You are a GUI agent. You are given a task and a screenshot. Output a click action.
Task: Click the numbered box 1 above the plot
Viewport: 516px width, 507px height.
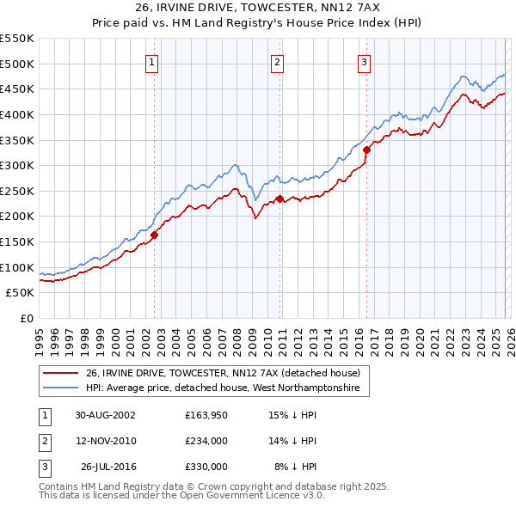(x=151, y=61)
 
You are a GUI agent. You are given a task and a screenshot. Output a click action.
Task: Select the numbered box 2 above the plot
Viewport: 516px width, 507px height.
(x=278, y=61)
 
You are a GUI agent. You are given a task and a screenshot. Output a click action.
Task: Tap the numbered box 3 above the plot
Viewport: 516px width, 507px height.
(x=364, y=61)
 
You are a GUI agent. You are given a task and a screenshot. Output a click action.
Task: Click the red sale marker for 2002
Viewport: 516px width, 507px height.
(x=155, y=234)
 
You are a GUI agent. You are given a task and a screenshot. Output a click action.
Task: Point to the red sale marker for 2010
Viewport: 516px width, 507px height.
(x=279, y=199)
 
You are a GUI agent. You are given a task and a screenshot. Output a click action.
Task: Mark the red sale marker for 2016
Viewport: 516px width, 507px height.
(x=366, y=150)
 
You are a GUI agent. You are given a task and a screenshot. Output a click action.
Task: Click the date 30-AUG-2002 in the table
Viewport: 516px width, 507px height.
(x=105, y=415)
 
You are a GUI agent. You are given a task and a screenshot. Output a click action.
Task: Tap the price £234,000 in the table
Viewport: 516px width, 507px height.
(x=206, y=441)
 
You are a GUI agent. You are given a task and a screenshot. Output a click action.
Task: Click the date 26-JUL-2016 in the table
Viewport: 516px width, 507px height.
(x=108, y=467)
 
